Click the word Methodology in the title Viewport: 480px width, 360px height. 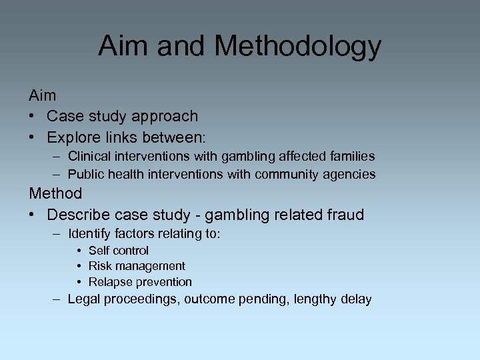(x=298, y=47)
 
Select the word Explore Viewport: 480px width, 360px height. (x=73, y=138)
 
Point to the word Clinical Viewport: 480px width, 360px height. (x=89, y=157)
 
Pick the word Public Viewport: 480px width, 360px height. (x=85, y=175)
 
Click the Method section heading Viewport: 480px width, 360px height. (x=55, y=194)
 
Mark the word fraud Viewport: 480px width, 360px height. (x=345, y=215)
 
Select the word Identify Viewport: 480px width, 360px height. (x=89, y=234)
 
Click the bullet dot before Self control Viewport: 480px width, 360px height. (x=79, y=251)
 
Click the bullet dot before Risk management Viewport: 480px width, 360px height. (x=79, y=267)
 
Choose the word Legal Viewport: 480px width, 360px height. (x=83, y=299)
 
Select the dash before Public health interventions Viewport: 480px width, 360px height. (x=58, y=175)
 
